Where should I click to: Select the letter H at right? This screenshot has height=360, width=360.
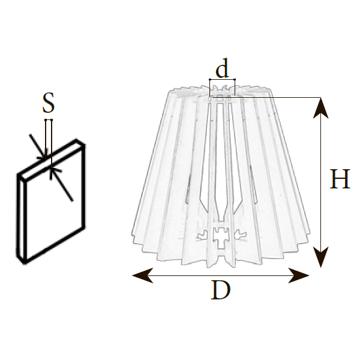tap(340, 179)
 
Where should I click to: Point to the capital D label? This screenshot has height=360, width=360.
tap(221, 291)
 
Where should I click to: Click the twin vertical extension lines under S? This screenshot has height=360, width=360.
tap(49, 135)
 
